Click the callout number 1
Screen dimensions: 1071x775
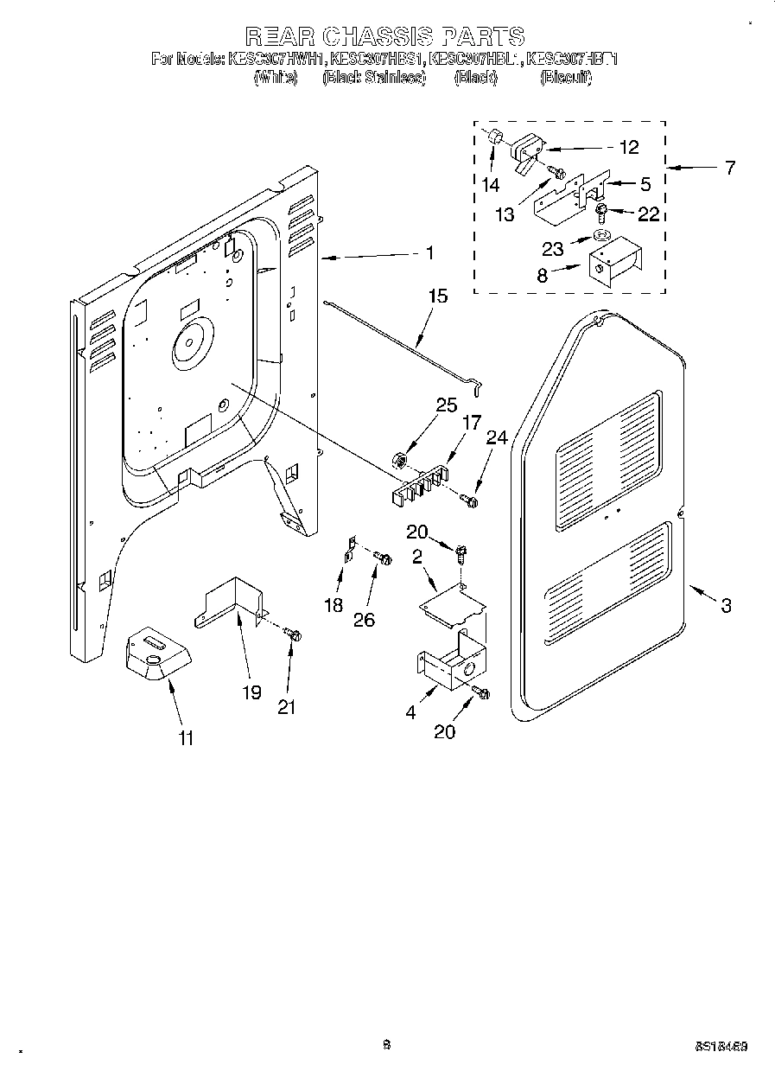point(429,253)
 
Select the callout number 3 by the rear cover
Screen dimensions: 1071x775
point(726,606)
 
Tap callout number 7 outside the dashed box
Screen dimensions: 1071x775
point(730,167)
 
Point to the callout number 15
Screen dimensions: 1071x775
point(438,297)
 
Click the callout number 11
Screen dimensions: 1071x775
point(186,737)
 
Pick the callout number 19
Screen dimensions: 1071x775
point(251,693)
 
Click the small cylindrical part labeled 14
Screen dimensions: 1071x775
point(494,137)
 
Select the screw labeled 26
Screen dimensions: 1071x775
point(384,559)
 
